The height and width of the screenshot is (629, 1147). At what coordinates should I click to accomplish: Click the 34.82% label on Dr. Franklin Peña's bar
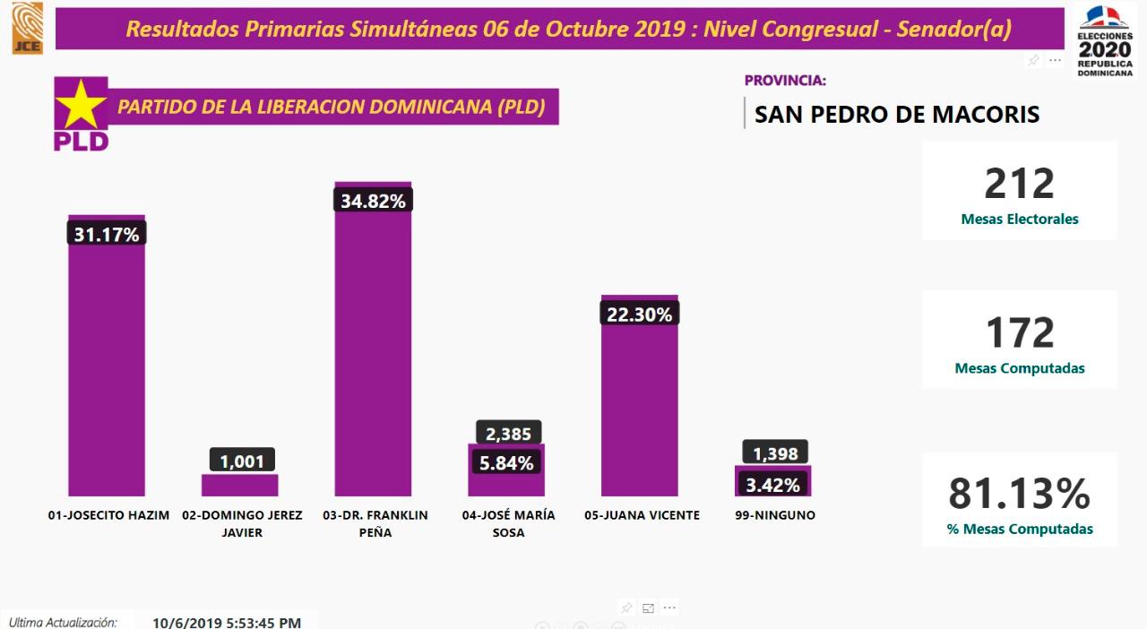click(373, 201)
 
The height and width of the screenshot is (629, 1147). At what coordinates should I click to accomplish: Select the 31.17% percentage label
click(107, 234)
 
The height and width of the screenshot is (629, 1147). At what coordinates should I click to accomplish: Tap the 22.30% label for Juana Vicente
click(640, 313)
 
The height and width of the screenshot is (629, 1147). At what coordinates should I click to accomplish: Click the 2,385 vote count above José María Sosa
click(507, 434)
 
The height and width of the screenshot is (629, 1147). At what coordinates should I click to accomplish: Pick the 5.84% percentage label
click(507, 462)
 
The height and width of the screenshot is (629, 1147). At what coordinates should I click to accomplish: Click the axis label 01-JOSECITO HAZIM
click(108, 515)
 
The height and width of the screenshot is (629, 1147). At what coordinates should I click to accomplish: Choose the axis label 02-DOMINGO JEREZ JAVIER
click(242, 523)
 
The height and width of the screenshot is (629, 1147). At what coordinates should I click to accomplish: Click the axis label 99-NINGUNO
click(774, 515)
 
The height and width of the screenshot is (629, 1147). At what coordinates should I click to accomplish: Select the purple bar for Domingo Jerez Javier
click(239, 485)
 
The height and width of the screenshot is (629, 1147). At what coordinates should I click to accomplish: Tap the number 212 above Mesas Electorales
click(1019, 184)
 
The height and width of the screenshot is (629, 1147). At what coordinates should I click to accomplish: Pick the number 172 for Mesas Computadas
click(1019, 333)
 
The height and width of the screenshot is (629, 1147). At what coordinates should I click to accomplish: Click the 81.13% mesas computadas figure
click(1019, 495)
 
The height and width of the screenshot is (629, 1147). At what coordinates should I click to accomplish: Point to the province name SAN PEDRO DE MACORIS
click(897, 114)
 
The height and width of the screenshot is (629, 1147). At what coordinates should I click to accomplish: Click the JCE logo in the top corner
click(27, 28)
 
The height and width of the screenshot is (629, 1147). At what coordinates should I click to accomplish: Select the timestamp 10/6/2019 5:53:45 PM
click(227, 622)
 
